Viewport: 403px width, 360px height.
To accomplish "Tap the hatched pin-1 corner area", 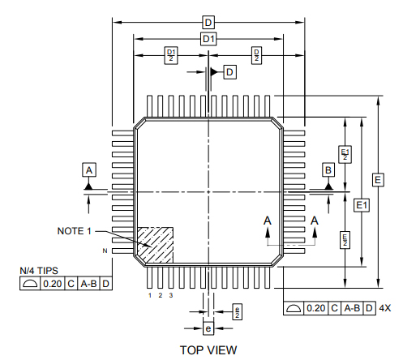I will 156,242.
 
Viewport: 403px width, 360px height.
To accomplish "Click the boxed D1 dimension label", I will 208,38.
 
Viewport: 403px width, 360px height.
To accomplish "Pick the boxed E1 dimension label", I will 362,206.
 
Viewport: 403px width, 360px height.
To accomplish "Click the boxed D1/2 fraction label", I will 170,54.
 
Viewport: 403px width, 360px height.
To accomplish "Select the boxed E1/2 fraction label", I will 345,153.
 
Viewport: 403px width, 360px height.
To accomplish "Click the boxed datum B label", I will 328,169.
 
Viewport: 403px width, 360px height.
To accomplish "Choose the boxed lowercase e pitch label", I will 208,328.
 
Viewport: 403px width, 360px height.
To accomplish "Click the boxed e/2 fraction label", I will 237,311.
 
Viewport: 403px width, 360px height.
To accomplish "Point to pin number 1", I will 150,295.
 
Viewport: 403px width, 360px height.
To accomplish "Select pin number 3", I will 170,295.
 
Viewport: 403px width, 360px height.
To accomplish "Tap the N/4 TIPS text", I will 39,272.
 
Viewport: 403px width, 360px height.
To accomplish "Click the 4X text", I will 385,308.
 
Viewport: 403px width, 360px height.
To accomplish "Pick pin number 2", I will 160,295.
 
